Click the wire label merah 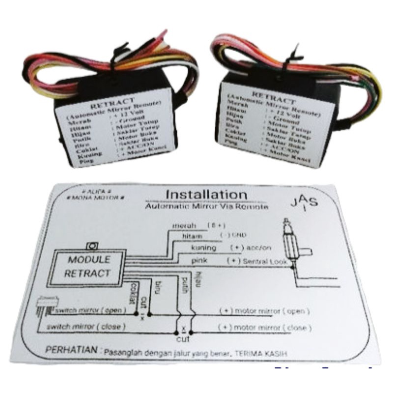tap(184, 226)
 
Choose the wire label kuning tap(203, 248)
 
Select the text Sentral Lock tap(265, 262)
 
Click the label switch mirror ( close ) tap(86, 327)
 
